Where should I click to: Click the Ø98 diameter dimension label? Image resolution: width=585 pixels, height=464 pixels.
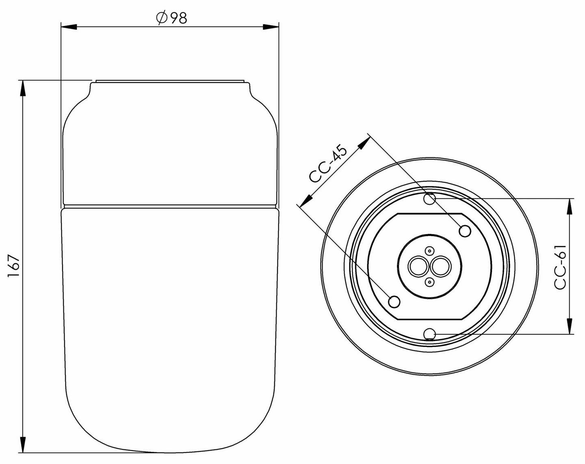tap(171, 18)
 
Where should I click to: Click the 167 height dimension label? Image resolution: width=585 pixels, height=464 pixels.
tap(14, 266)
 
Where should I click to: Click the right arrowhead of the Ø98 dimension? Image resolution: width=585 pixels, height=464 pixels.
tap(271, 27)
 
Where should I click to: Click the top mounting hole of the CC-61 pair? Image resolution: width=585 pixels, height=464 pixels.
tap(429, 199)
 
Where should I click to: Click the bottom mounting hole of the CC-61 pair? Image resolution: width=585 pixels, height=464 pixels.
tap(429, 334)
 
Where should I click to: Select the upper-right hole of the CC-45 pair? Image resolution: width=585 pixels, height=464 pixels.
tap(465, 231)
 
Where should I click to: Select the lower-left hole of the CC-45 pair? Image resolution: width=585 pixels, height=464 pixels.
tap(394, 302)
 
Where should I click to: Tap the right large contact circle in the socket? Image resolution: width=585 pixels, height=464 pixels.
tap(441, 267)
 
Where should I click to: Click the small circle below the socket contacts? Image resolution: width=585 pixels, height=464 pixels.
tap(429, 282)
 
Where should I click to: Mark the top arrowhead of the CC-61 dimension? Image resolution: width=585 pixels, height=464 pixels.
tap(570, 206)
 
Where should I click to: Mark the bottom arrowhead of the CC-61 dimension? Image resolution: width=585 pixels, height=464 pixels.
tap(570, 327)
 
